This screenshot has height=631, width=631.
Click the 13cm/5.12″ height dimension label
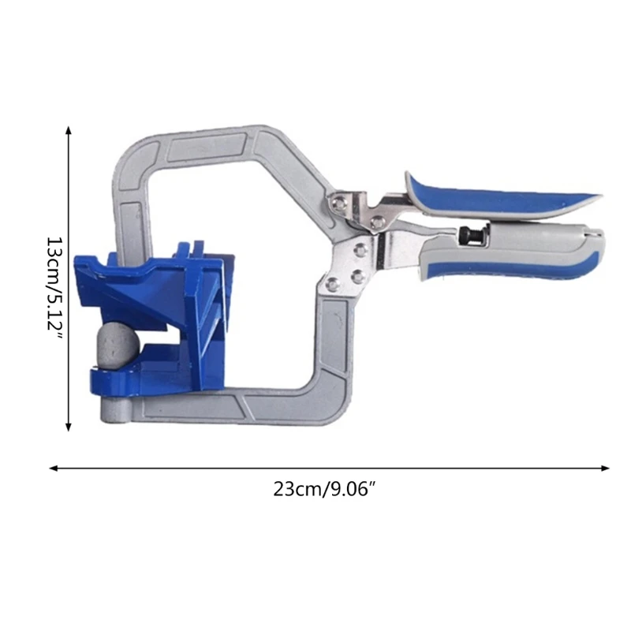click(x=54, y=289)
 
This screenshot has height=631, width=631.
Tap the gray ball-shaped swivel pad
click(x=118, y=345)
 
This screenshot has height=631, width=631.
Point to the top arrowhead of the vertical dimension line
click(x=69, y=130)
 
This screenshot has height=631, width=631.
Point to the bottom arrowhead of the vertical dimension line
click(x=69, y=427)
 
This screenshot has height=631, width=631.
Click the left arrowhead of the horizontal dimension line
click(x=54, y=468)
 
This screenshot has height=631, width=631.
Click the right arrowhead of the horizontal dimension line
click(x=605, y=468)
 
